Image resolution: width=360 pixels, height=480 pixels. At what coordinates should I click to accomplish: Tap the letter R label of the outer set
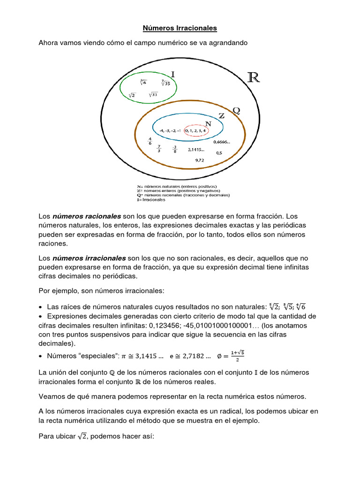253,77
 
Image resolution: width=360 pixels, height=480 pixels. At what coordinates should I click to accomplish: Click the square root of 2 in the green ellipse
132,95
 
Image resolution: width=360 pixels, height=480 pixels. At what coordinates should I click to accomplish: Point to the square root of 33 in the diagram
153,95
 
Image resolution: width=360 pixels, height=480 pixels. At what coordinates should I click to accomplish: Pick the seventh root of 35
166,83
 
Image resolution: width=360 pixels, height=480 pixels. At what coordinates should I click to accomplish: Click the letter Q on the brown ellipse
236,111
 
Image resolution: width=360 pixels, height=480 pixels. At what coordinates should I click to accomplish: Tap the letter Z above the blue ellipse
221,115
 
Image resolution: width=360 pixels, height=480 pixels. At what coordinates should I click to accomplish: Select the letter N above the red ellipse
208,124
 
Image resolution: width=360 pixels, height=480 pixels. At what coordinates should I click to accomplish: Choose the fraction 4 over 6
150,141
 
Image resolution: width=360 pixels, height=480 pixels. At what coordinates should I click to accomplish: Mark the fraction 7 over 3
159,149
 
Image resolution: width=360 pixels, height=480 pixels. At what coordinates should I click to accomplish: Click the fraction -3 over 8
174,149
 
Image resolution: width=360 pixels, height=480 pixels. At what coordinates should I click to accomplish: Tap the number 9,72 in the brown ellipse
200,160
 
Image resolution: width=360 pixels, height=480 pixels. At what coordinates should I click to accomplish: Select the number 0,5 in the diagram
219,153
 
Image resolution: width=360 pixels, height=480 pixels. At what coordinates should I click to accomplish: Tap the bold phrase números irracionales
89,258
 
